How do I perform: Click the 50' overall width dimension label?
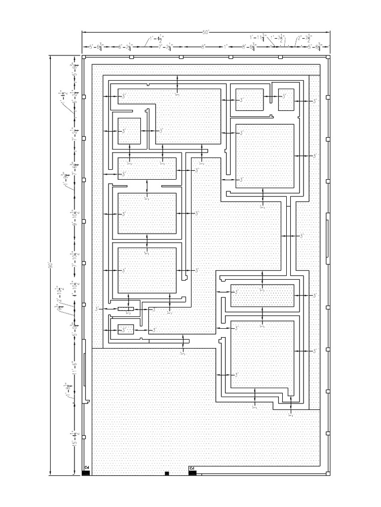[x=206, y=33]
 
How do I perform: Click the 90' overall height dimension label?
[x=50, y=266]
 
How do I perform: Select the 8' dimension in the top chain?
[x=203, y=48]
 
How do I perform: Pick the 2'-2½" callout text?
[x=303, y=38]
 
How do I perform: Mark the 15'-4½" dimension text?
[x=75, y=439]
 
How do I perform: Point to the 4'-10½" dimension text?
[x=75, y=290]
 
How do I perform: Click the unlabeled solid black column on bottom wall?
[x=167, y=473]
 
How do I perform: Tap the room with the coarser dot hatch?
[x=262, y=296]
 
